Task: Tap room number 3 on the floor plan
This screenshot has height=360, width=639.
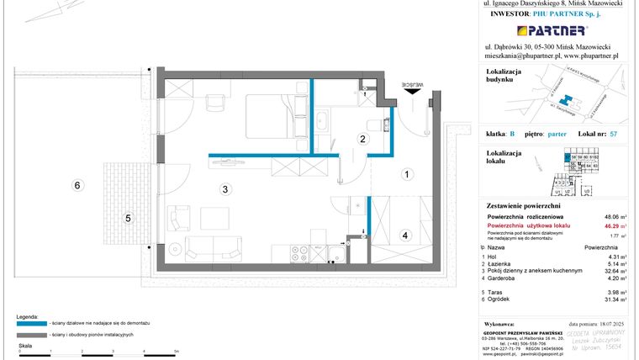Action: (225, 189)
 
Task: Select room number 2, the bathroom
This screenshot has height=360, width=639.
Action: (363, 139)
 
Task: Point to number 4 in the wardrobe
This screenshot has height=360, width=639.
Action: (404, 236)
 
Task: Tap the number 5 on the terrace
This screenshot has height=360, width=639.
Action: (128, 219)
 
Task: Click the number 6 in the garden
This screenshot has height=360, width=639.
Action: (77, 185)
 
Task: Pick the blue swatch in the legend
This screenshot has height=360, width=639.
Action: (30, 321)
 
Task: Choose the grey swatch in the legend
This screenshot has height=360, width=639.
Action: (30, 335)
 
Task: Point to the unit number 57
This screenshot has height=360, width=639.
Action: (615, 135)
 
